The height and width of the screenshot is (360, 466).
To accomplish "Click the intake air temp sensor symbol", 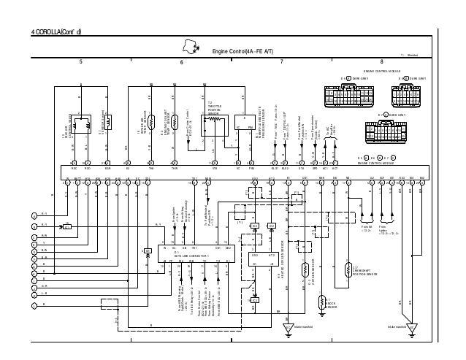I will pyautogui.click(x=175, y=121).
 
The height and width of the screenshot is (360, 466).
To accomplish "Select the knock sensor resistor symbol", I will pyautogui.click(x=321, y=302).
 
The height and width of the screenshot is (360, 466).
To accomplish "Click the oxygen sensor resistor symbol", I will pyautogui.click(x=305, y=269).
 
